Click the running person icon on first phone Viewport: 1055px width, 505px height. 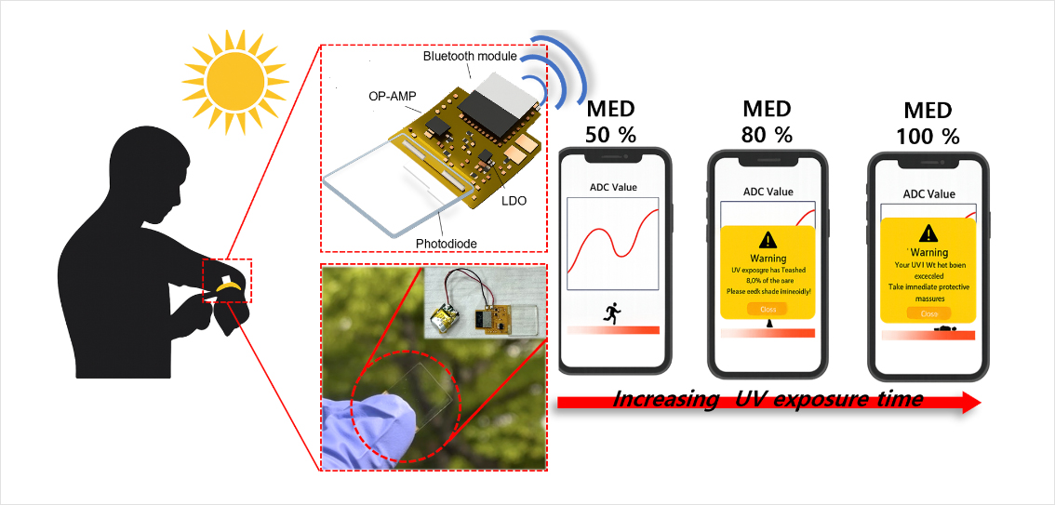(x=612, y=312)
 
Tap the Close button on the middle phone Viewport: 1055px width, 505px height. (x=768, y=309)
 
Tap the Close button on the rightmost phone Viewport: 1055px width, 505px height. (x=928, y=314)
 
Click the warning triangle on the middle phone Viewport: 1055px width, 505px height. (x=768, y=239)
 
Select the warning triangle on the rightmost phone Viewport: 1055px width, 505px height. (x=928, y=233)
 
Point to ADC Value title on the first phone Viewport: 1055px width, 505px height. (x=613, y=187)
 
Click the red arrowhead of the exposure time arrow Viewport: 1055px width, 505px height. (x=969, y=401)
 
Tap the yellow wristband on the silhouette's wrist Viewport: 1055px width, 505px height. (x=231, y=287)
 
